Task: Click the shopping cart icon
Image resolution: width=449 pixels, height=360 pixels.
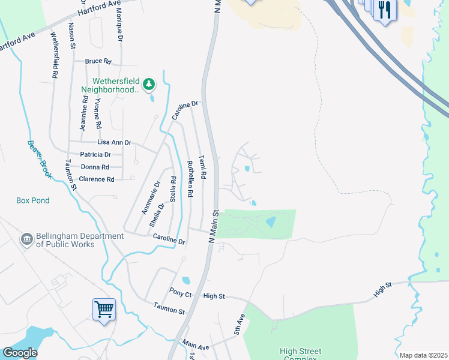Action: coord(104,310)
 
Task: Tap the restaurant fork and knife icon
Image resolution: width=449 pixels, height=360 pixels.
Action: coord(384,10)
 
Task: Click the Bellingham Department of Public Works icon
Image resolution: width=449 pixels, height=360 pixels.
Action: coord(26,239)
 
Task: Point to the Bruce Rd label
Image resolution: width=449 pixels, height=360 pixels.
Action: coord(98,61)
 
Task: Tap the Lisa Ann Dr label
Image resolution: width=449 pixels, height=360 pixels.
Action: coord(114,143)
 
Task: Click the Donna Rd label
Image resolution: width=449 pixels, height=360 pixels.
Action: coord(95,167)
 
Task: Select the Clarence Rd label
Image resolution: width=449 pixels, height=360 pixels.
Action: coord(97,179)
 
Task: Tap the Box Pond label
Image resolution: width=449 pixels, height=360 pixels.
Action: coord(33,200)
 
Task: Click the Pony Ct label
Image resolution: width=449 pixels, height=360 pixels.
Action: coord(180,295)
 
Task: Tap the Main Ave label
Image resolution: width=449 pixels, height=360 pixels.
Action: coord(196,346)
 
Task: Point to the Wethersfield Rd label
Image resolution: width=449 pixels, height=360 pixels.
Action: coord(54,56)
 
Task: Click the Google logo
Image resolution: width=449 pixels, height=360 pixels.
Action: coord(20,353)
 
